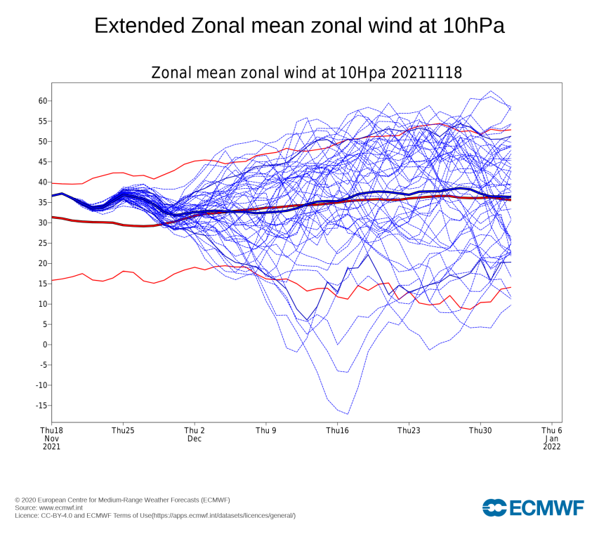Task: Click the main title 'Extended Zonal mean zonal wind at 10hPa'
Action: point(299,26)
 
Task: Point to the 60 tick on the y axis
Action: point(42,101)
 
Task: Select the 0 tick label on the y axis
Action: point(44,345)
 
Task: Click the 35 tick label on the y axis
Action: point(42,203)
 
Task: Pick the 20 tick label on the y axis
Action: point(42,263)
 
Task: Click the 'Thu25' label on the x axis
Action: point(123,430)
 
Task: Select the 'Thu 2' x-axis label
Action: point(195,430)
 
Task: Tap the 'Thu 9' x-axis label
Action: point(266,430)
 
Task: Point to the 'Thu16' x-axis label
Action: point(338,430)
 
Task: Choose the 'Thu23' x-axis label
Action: point(409,430)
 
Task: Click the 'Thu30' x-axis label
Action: point(480,430)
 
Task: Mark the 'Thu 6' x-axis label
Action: point(552,430)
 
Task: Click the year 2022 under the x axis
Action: point(552,446)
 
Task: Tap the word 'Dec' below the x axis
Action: point(195,438)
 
